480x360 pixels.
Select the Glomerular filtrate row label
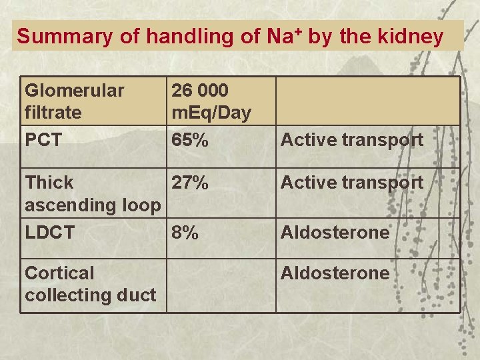click(74, 101)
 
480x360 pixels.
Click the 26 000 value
click(200, 90)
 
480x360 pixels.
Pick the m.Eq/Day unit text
click(211, 113)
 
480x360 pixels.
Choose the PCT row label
click(43, 140)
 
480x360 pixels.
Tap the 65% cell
click(189, 140)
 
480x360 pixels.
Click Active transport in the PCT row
click(351, 140)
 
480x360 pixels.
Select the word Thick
click(49, 182)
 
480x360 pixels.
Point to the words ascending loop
click(92, 205)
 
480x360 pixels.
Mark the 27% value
click(190, 182)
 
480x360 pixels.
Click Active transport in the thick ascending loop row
click(351, 182)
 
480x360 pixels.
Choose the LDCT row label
click(49, 232)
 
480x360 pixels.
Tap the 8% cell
click(185, 232)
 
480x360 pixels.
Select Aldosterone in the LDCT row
click(335, 232)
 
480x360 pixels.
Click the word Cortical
click(59, 273)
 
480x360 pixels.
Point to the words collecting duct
click(90, 294)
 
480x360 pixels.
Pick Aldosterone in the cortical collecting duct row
click(335, 273)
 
